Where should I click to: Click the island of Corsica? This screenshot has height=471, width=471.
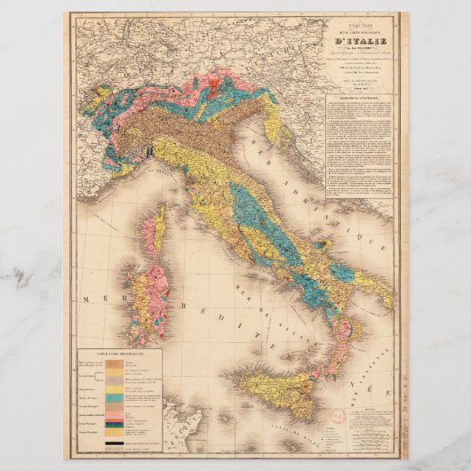(153, 231)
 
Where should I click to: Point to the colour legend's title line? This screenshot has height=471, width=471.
(119, 353)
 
